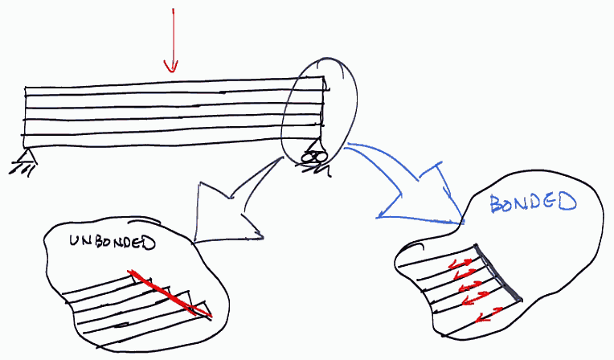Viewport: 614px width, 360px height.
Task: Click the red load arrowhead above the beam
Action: pos(171,66)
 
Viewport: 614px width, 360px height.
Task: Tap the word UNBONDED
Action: pos(113,242)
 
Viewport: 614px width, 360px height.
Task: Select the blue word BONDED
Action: pos(533,203)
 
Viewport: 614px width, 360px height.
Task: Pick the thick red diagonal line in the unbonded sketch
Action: pos(170,292)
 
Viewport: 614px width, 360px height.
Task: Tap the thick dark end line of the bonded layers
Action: pos(498,272)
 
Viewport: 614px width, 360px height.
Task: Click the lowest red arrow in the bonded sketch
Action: pos(489,315)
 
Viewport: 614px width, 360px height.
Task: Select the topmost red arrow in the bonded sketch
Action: pos(460,264)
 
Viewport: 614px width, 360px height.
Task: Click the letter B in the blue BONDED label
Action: pos(497,204)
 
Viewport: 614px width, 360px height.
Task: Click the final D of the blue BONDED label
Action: pos(568,202)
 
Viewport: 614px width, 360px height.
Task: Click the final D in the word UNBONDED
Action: pos(148,243)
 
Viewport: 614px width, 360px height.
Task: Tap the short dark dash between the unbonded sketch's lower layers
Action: pos(121,325)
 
